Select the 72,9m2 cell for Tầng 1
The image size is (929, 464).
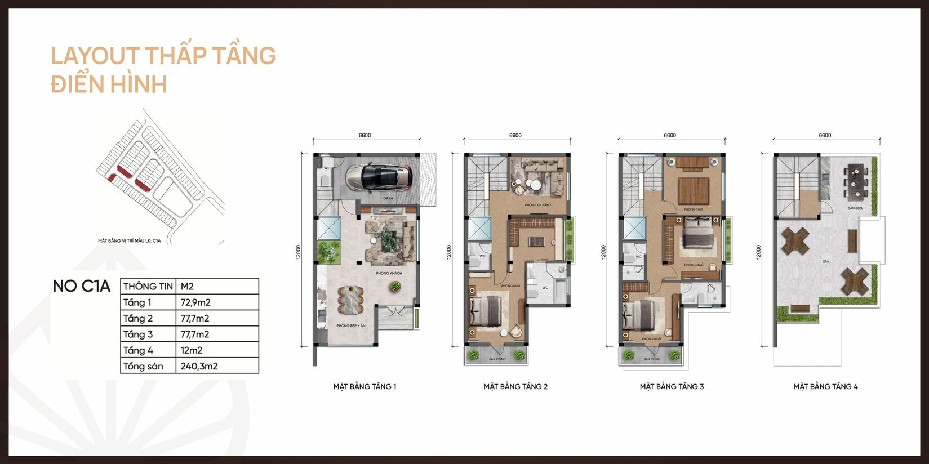[x=195, y=302]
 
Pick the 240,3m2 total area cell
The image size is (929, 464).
[x=199, y=366]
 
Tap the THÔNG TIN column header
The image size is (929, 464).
[x=148, y=286]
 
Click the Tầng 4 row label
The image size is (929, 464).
[x=138, y=350]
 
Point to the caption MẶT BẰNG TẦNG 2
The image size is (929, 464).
[x=515, y=387]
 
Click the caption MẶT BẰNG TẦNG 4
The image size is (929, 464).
[x=825, y=387]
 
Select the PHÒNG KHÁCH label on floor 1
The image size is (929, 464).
[x=389, y=273]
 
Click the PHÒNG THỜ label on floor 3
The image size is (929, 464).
[x=693, y=209]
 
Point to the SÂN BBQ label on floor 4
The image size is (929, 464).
[x=855, y=208]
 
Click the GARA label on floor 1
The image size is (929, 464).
[x=388, y=198]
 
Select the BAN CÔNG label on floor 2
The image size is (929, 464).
[x=497, y=359]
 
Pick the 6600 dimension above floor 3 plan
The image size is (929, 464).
[x=670, y=135]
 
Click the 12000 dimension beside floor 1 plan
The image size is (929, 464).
[x=299, y=251]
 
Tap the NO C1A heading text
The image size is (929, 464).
[x=81, y=286]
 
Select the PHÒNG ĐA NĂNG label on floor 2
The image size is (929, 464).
[x=537, y=205]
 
